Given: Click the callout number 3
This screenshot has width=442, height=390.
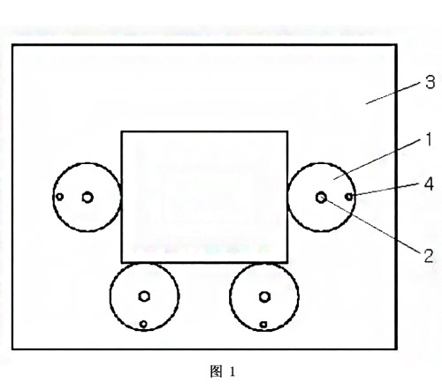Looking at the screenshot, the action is [431, 82].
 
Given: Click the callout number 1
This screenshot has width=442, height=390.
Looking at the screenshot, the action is [429, 139].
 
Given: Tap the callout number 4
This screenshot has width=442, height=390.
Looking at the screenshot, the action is [429, 184].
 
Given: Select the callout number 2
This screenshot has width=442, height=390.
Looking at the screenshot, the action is [429, 256].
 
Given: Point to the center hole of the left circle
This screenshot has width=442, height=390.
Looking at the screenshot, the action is [88, 198].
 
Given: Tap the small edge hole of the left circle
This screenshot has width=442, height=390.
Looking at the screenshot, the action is [60, 197].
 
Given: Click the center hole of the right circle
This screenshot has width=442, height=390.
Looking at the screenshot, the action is [321, 198].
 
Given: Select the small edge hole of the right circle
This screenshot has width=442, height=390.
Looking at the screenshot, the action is [349, 197].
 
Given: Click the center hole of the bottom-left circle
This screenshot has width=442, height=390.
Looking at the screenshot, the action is [144, 296].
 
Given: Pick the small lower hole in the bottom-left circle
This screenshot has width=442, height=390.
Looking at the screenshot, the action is [143, 324].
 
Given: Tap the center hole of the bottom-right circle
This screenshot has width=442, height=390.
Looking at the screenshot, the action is [264, 297].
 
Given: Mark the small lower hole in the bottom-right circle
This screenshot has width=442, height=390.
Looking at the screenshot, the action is [263, 325].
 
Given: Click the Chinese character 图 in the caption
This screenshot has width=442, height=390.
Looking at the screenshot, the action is [216, 371].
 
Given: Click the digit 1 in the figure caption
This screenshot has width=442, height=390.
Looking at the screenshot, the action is [232, 371].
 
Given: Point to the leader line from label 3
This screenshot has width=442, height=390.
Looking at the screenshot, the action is [393, 94].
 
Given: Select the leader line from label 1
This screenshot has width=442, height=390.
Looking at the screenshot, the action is [377, 160].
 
